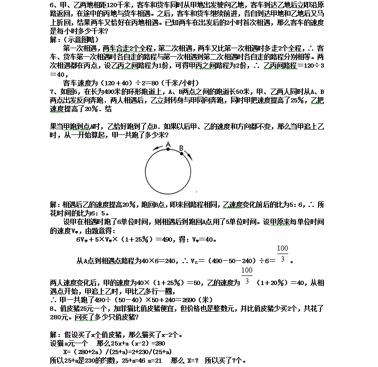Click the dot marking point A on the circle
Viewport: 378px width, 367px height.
click(x=168, y=149)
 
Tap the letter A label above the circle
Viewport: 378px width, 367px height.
click(x=168, y=143)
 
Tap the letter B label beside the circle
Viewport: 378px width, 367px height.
click(x=181, y=148)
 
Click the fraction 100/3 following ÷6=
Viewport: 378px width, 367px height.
click(x=282, y=255)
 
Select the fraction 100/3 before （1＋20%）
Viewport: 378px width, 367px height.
click(x=246, y=276)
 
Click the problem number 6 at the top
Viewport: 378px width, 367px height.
click(x=52, y=5)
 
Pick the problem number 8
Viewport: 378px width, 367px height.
click(x=52, y=308)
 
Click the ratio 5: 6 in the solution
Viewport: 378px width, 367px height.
click(x=295, y=204)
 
